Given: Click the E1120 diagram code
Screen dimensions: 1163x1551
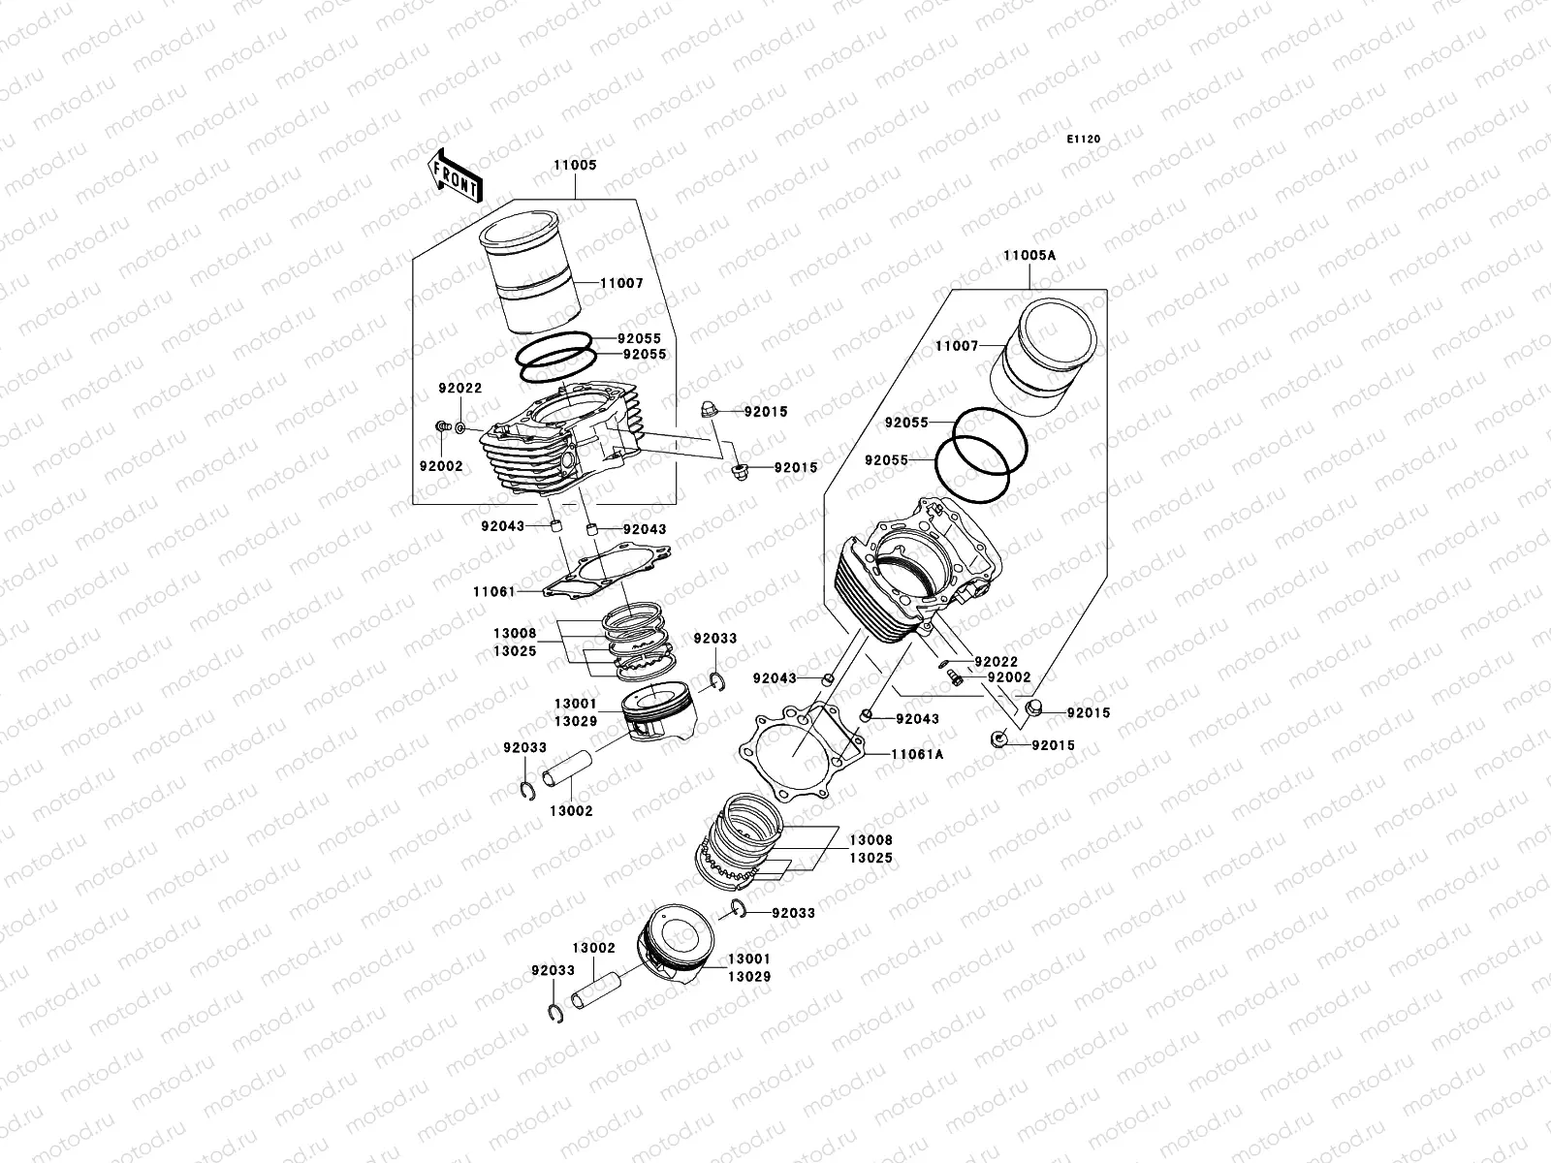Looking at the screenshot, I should [1084, 140].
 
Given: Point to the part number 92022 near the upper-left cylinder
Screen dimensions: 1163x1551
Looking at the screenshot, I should [459, 388].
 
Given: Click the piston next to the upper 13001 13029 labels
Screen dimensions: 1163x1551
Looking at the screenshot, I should [652, 724].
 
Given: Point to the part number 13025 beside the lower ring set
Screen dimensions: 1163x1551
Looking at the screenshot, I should [871, 859].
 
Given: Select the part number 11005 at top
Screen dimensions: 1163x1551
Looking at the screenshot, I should [575, 166].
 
